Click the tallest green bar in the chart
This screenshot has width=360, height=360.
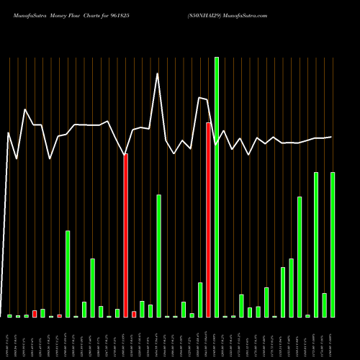(217, 187)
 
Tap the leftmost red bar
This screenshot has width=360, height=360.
(35, 313)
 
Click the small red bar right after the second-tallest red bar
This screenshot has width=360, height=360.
(134, 314)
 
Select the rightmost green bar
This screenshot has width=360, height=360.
(333, 245)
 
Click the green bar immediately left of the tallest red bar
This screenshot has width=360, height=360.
(200, 300)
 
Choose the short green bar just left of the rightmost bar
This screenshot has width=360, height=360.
(324, 305)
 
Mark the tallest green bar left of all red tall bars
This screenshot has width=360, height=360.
(68, 274)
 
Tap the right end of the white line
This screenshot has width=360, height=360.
(332, 137)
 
